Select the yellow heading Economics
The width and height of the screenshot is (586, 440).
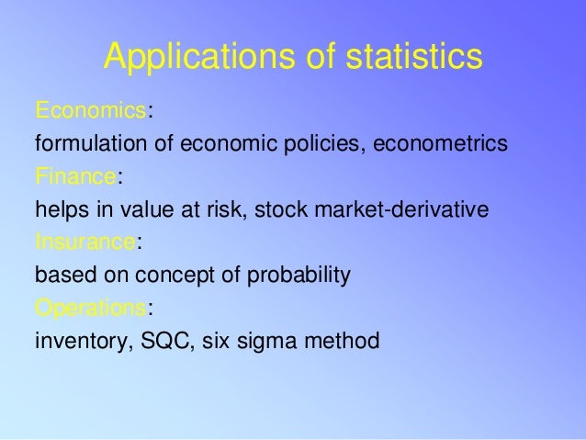[x=90, y=111]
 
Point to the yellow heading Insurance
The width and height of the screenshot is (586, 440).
[x=85, y=243]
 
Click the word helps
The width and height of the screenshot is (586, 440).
[x=59, y=209]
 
